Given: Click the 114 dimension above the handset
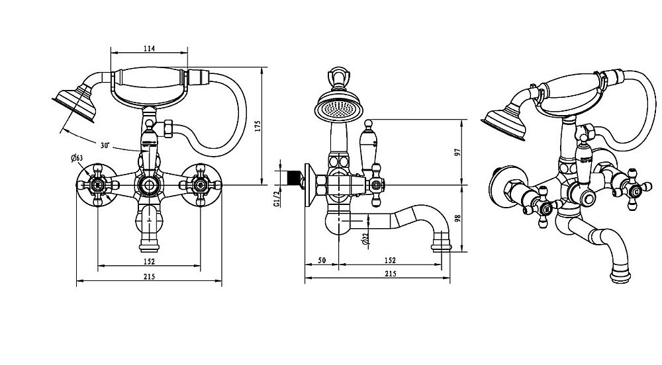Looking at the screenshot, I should pyautogui.click(x=148, y=48).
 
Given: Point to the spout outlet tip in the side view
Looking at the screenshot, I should pyautogui.click(x=441, y=247).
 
